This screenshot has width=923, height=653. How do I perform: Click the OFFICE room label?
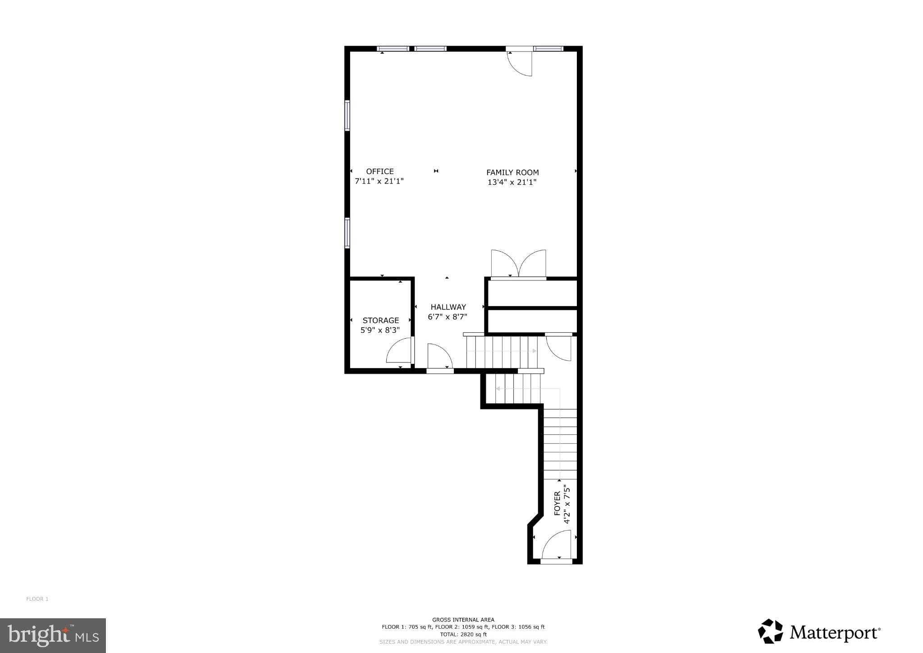tap(379, 171)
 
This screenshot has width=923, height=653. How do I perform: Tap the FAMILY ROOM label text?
tap(512, 172)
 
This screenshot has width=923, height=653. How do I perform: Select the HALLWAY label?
tap(448, 307)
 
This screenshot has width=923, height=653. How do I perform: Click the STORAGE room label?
tap(380, 320)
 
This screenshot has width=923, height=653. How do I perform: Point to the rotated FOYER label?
tap(557, 503)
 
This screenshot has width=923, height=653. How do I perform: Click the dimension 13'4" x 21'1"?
tap(512, 182)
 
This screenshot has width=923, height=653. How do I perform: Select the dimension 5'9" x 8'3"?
tap(380, 330)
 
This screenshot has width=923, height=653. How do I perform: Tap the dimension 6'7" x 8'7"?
tap(447, 317)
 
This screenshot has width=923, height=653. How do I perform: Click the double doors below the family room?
tap(519, 264)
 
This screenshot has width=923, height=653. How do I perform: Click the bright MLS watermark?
tap(53, 635)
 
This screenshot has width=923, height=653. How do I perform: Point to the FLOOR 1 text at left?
tap(37, 599)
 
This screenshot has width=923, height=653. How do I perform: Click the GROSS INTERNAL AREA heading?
tap(463, 620)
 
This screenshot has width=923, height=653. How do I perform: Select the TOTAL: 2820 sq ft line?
tap(463, 634)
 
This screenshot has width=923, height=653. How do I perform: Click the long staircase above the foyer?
tap(560, 444)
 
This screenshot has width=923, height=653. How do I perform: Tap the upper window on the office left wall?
tap(347, 115)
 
